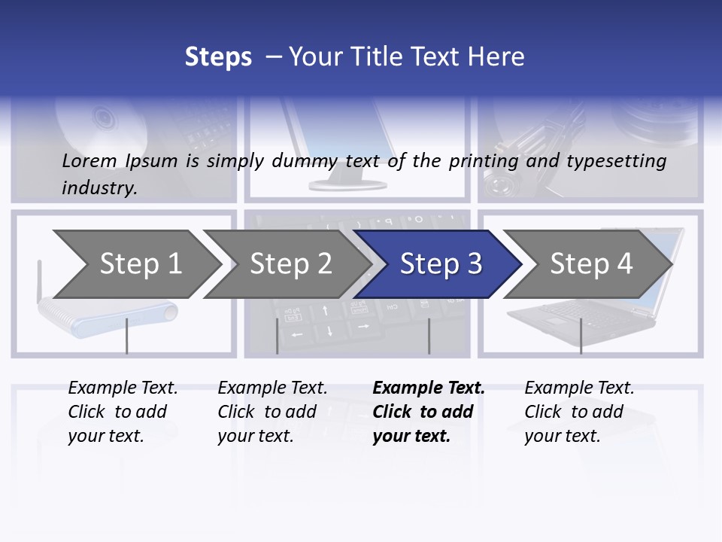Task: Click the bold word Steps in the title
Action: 218,56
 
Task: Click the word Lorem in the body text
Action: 89,160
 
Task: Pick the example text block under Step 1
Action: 123,412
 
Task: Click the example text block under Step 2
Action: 272,412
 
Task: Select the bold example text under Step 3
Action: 429,412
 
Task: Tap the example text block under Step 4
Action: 579,412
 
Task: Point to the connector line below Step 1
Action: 126,336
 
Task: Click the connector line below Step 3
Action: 429,336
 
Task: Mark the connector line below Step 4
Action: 581,336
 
